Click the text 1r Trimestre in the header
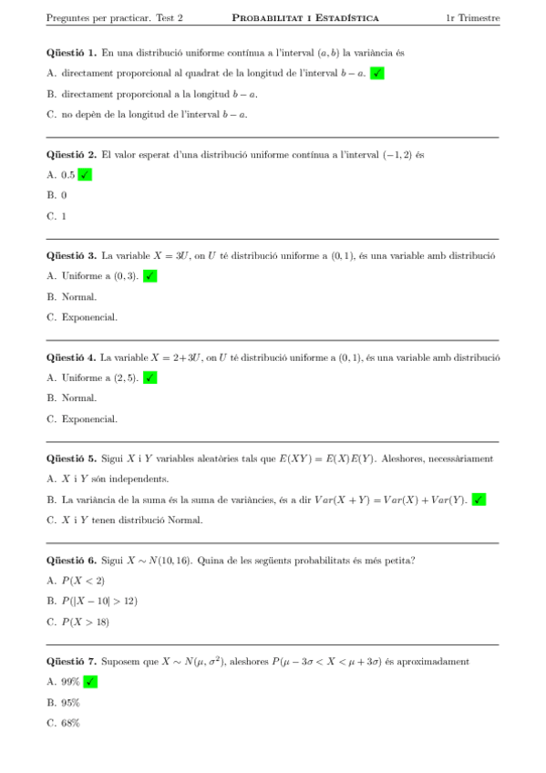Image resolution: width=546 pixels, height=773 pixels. pyautogui.click(x=472, y=18)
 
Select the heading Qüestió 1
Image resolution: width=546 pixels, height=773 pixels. pyautogui.click(x=71, y=53)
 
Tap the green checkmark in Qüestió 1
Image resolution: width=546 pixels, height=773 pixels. pyautogui.click(x=376, y=74)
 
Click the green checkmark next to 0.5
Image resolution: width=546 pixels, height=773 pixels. pyautogui.click(x=85, y=175)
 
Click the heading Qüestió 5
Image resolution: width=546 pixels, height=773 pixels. pyautogui.click(x=71, y=459)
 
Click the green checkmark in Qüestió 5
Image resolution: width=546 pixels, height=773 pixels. pyautogui.click(x=479, y=500)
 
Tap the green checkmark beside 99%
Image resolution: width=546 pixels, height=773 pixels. pyautogui.click(x=90, y=682)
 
